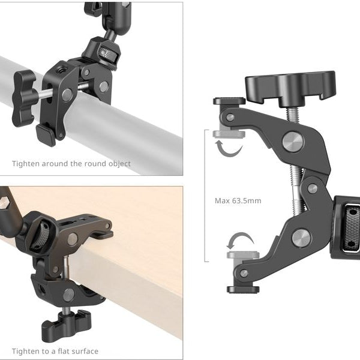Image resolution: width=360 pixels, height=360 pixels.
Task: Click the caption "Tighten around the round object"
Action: (71, 163)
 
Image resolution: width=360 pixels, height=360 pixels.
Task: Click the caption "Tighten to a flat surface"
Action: (55, 351)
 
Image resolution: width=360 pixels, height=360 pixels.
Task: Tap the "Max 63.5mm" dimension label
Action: (238, 200)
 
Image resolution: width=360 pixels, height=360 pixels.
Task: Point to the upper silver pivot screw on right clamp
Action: (293, 142)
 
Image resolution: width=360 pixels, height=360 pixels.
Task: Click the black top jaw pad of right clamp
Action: (229, 101)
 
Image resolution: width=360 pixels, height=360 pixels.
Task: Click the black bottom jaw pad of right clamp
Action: (242, 289)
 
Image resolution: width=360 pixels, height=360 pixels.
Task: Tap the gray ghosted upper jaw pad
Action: (229, 133)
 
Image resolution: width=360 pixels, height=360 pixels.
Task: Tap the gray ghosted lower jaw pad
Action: (243, 255)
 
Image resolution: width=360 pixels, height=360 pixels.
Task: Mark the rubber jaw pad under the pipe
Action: (47, 134)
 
